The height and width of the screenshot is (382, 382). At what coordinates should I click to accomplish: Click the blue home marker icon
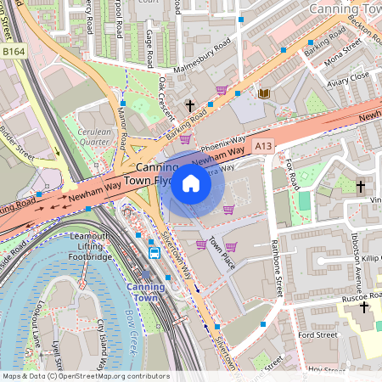[x=191, y=183]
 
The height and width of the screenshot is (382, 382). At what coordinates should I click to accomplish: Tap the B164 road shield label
[x=14, y=52]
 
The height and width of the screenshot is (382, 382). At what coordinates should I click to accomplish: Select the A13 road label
[x=263, y=145]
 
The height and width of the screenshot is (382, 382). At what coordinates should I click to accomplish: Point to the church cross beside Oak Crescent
[x=190, y=107]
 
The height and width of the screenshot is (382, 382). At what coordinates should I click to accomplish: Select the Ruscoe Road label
[x=340, y=297]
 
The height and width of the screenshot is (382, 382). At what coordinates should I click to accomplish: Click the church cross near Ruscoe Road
[x=364, y=306]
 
